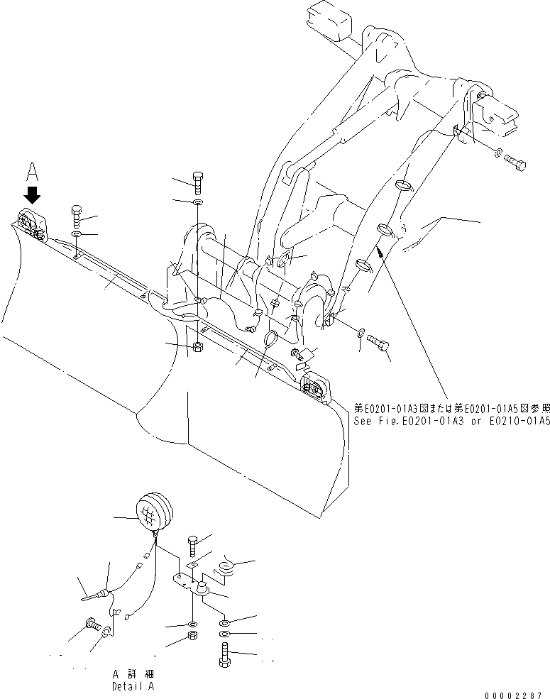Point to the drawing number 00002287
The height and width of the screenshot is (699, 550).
(x=517, y=694)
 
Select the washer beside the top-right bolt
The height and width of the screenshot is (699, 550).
(x=499, y=152)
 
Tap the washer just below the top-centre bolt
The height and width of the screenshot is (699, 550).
(x=197, y=203)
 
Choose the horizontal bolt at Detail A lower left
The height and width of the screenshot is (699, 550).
(x=92, y=626)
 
